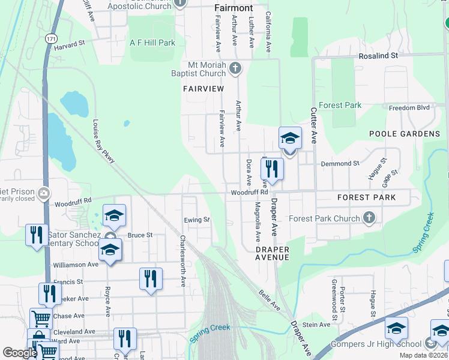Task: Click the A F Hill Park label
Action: [152, 43]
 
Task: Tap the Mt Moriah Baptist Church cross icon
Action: [235, 68]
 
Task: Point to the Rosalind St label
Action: [378, 55]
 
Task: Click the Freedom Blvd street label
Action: [409, 108]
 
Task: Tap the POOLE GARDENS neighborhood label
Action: [404, 134]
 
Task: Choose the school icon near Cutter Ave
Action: [290, 140]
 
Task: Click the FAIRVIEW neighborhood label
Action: [203, 89]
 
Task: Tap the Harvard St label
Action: [70, 46]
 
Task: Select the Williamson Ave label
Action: [75, 264]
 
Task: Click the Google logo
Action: [19, 353]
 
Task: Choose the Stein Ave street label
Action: [316, 325]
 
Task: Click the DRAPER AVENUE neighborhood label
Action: [272, 253]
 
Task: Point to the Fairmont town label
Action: [234, 8]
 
